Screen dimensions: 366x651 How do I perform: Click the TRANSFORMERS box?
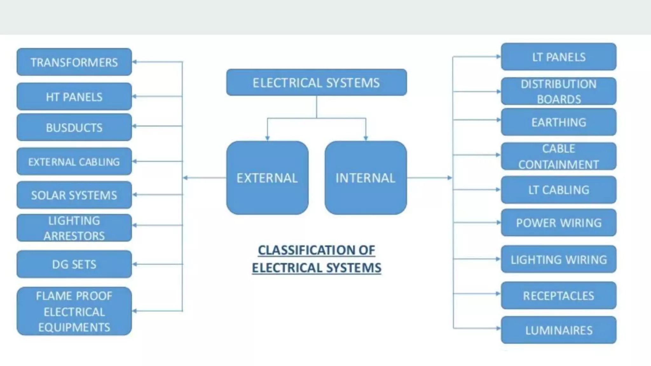click(x=74, y=62)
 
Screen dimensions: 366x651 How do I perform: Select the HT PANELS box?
click(x=74, y=97)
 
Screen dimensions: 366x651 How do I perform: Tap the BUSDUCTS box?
click(x=74, y=127)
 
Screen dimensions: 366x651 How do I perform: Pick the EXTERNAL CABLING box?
click(x=74, y=162)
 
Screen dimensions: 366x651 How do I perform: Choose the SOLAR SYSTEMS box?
click(x=74, y=195)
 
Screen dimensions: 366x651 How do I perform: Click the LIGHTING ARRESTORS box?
click(x=74, y=228)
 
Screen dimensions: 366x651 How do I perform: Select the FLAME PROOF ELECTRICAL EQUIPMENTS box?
click(x=74, y=311)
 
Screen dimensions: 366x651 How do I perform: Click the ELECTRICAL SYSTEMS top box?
click(x=316, y=83)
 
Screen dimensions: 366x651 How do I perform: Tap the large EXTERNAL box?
click(x=267, y=178)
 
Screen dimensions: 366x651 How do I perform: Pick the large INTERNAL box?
click(x=366, y=178)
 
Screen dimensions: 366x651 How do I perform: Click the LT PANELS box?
click(x=558, y=57)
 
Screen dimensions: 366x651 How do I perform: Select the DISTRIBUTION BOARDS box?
click(x=558, y=91)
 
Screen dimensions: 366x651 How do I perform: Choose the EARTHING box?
click(x=558, y=122)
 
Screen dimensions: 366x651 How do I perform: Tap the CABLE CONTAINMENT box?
click(x=558, y=156)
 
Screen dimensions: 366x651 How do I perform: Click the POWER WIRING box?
click(x=558, y=223)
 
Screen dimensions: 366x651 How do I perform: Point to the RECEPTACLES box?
click(x=558, y=295)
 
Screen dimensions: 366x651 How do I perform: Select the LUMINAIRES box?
click(x=558, y=330)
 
